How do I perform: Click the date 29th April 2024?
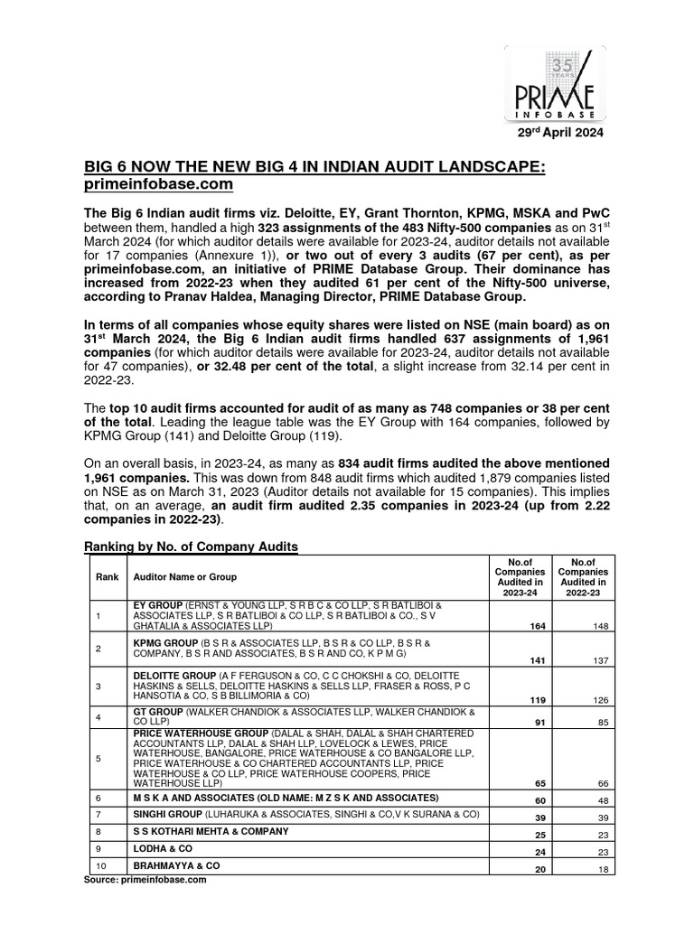coord(559,132)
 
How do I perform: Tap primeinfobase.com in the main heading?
coord(160,184)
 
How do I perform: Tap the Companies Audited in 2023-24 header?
coord(520,577)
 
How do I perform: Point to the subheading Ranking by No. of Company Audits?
coord(190,547)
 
